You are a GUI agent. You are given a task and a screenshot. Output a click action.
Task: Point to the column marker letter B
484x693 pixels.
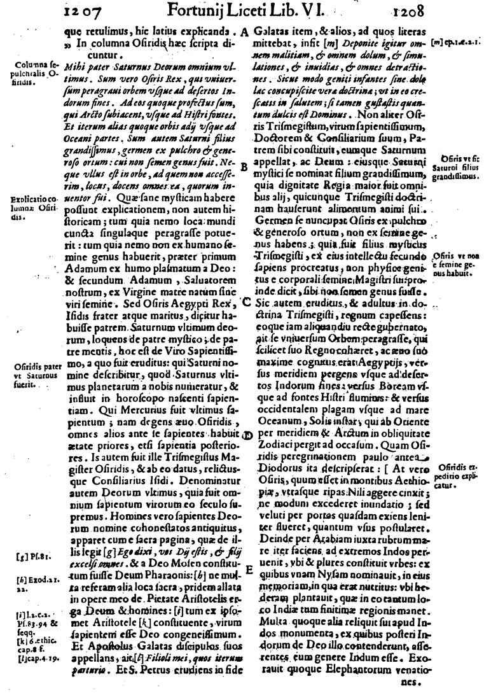pos(244,167)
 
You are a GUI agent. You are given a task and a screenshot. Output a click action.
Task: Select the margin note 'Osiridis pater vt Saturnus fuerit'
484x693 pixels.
pos(36,375)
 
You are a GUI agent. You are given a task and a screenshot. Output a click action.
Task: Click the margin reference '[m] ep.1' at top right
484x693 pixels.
pos(454,43)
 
